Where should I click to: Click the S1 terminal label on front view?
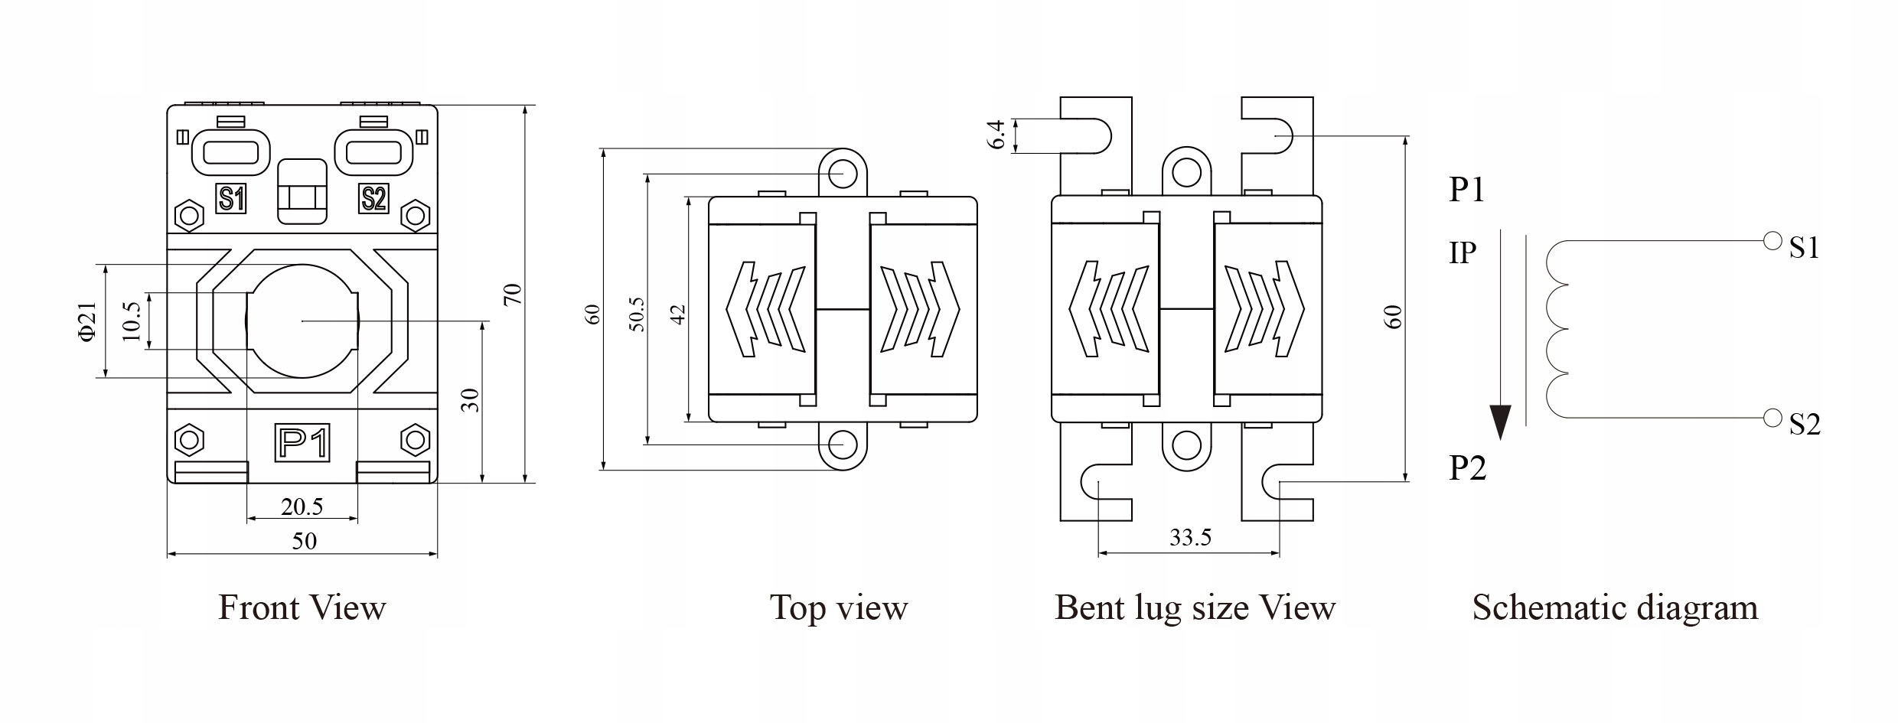[x=231, y=199]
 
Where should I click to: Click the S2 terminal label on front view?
[x=373, y=199]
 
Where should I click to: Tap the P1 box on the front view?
[x=302, y=443]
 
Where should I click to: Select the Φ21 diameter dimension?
[x=88, y=321]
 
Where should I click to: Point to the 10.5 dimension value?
[x=132, y=321]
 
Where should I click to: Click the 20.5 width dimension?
[x=302, y=506]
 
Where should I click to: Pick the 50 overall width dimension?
[x=304, y=541]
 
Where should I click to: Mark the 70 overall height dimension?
[x=514, y=295]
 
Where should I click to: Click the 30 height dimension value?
[x=471, y=400]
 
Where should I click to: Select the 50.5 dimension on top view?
[x=636, y=314]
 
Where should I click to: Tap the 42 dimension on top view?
[x=677, y=314]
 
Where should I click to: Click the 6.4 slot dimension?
[x=996, y=135]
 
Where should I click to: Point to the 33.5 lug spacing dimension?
[x=1190, y=537]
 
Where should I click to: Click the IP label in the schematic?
[x=1463, y=252]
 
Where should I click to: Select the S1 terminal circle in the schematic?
[x=1772, y=241]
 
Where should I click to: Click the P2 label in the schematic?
[x=1467, y=467]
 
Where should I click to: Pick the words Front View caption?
[x=302, y=607]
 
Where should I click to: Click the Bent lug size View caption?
[x=1195, y=607]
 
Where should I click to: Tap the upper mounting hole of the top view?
[x=843, y=173]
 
